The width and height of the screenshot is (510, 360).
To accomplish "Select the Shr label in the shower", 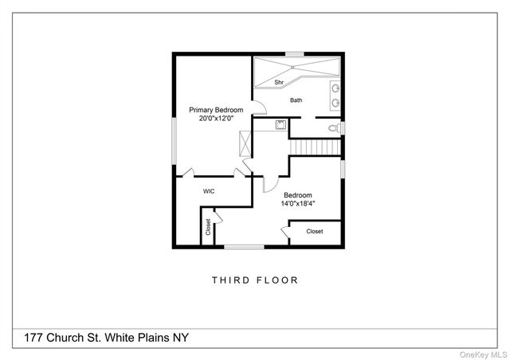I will point(279,82).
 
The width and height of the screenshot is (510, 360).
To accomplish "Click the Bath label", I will point(296,100).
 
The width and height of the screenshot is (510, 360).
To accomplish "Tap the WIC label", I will point(209,191).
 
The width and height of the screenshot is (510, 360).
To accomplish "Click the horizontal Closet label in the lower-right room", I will point(315,232).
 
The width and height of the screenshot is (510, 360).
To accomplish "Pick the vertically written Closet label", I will point(209,228).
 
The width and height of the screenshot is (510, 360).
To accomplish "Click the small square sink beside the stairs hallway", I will point(280,124).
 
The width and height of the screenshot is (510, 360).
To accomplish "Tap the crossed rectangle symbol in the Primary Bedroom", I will point(245,145).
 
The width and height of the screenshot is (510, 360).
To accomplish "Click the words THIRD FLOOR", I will point(255,280).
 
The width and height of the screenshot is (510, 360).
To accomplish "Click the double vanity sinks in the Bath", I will point(336,96).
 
